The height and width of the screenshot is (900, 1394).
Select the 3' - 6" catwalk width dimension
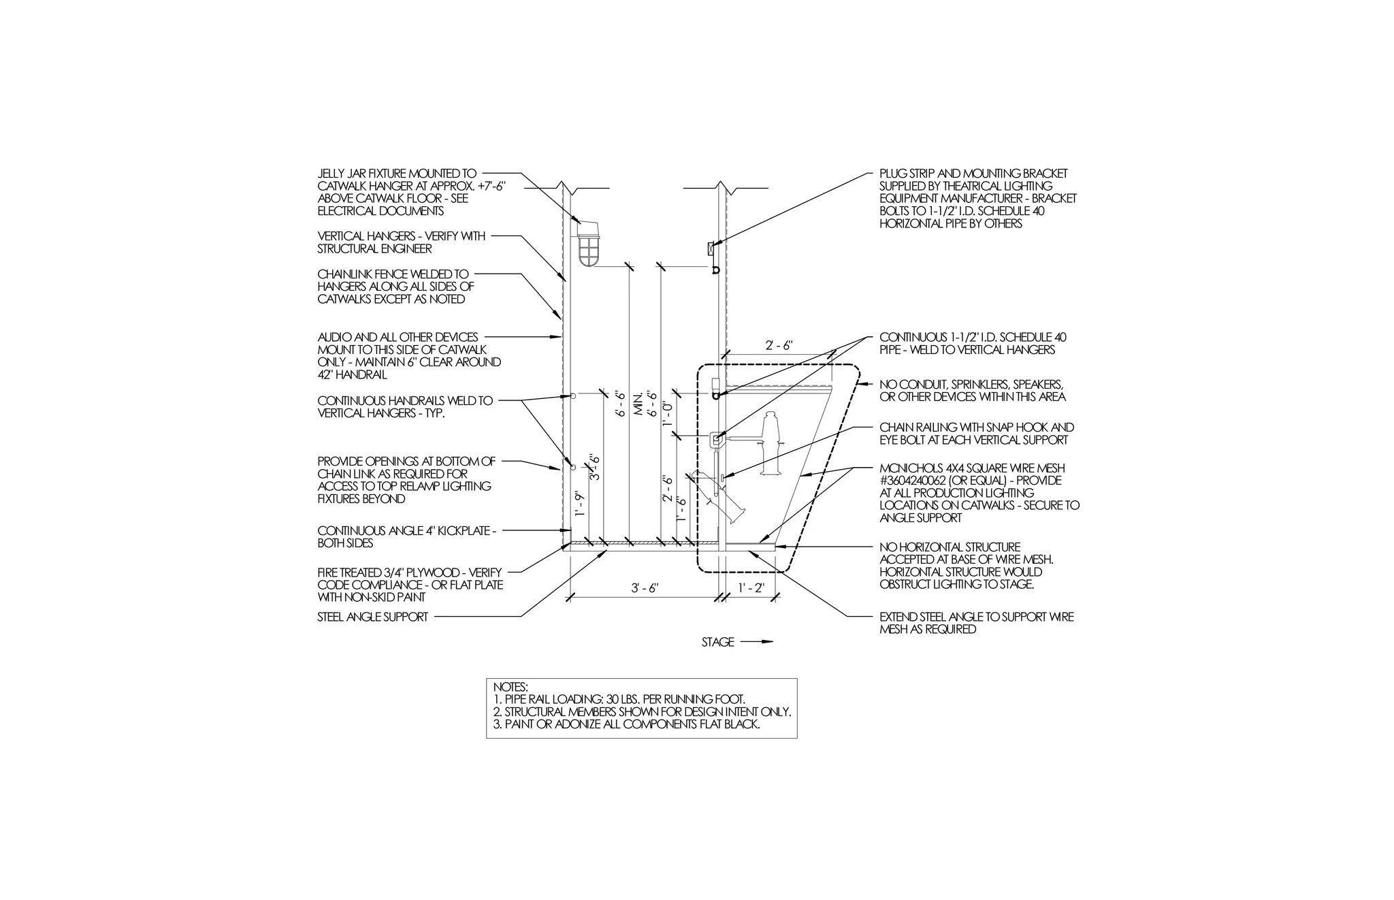[x=644, y=588]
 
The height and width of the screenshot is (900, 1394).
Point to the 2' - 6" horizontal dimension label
[x=779, y=346]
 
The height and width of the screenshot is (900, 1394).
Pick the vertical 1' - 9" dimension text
[x=579, y=503]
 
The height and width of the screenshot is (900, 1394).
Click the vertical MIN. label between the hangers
[x=639, y=405]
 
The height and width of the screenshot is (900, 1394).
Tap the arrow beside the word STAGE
[x=757, y=641]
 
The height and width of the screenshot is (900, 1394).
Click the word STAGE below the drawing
[x=717, y=642]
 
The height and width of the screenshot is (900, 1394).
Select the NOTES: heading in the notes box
[x=510, y=688]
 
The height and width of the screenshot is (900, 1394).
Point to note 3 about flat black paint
[x=626, y=724]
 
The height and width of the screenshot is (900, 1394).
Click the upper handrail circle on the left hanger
[x=573, y=396]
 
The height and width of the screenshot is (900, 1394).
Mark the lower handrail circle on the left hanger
[x=573, y=468]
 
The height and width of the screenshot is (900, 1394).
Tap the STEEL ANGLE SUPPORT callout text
[x=373, y=617]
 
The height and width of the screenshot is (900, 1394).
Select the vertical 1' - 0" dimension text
[x=668, y=414]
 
